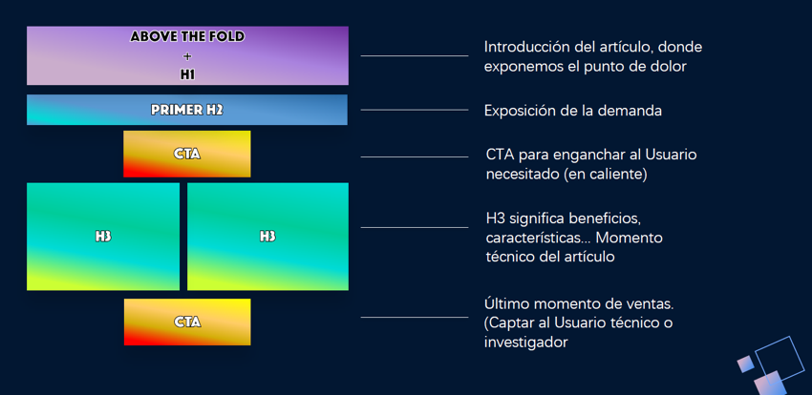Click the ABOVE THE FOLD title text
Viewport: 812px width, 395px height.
pos(187,36)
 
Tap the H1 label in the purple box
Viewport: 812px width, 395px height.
pos(187,74)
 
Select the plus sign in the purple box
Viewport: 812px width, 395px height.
pos(187,56)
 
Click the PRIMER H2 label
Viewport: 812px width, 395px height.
pos(187,110)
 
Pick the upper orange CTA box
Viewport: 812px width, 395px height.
pos(187,154)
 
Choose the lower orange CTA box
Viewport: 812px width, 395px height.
pos(187,322)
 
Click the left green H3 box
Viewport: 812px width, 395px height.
pos(103,237)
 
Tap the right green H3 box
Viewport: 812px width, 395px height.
pos(267,237)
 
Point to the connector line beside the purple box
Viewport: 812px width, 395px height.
pos(415,55)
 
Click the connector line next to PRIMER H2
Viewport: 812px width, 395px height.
pos(415,110)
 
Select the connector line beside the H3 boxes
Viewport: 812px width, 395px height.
pos(415,227)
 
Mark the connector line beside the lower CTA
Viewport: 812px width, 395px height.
pos(415,317)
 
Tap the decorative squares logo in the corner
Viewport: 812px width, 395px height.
pos(772,366)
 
